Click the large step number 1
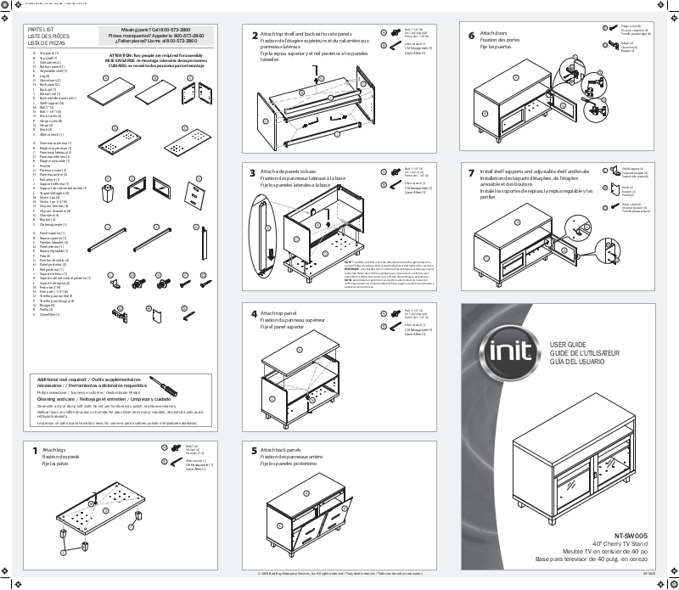coord(35,451)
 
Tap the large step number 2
coord(255,36)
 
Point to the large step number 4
coord(254,314)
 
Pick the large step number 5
coord(254,450)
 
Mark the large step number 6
coord(471,35)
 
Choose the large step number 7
coord(471,172)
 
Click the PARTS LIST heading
coord(42,29)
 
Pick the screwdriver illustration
coord(163,386)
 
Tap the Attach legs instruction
coord(53,449)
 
